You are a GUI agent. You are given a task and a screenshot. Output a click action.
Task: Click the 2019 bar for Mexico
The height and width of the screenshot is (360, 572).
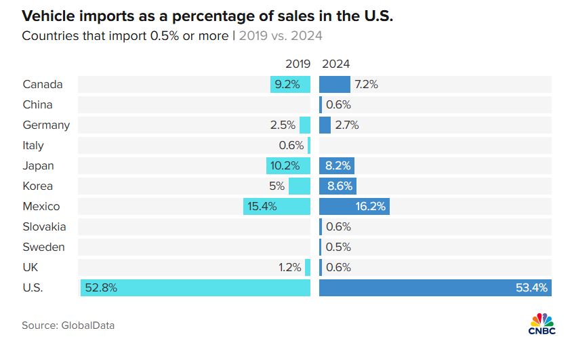(x=277, y=206)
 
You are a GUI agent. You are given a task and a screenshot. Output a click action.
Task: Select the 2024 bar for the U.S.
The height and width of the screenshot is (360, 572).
(x=434, y=287)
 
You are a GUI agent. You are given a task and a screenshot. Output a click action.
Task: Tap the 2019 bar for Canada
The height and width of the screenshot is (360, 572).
(x=290, y=84)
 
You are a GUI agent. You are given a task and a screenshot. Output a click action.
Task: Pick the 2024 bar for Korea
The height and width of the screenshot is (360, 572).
(x=338, y=186)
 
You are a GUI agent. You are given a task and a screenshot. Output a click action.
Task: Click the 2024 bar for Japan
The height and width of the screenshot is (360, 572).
(x=337, y=165)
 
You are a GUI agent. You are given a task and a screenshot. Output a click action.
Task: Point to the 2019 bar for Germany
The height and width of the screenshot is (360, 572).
(x=305, y=125)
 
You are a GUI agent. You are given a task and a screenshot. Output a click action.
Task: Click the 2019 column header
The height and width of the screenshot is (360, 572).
(x=298, y=64)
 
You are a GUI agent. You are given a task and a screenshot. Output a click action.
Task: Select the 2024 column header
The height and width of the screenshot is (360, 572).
(x=336, y=64)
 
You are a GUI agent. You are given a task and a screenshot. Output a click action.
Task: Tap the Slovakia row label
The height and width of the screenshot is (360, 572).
(x=44, y=226)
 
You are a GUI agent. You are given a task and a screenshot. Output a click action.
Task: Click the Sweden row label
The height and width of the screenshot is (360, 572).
(x=43, y=247)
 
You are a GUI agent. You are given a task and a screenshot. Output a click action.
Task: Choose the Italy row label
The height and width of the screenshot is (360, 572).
(x=33, y=145)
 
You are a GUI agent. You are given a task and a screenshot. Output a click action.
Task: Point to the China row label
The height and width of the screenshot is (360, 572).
(x=37, y=104)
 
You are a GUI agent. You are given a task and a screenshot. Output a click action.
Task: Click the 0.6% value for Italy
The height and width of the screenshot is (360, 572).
(x=291, y=145)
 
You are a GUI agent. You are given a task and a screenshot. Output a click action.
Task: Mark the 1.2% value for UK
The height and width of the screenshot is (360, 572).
(x=289, y=267)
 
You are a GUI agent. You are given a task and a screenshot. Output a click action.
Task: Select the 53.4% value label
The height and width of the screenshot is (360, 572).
(x=532, y=287)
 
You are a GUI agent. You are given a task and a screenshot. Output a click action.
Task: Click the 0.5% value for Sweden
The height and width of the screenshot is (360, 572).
(x=338, y=247)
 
